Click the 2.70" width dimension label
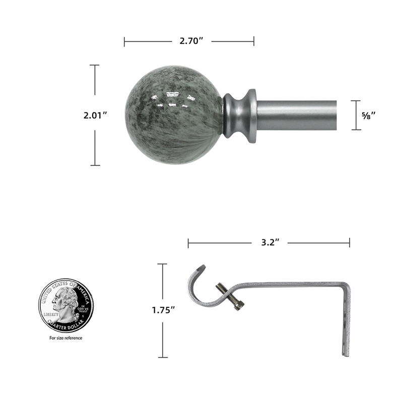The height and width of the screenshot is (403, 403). click(x=191, y=41)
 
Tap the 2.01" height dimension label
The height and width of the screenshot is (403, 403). click(x=96, y=115)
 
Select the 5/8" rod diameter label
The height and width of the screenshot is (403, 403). click(x=369, y=115)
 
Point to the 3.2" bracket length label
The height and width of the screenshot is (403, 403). click(x=271, y=243)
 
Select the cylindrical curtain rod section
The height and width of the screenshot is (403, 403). click(x=302, y=115)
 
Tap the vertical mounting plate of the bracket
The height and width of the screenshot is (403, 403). click(x=346, y=322)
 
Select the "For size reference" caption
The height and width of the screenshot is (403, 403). click(x=65, y=338)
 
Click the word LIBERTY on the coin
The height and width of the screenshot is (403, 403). click(x=51, y=314)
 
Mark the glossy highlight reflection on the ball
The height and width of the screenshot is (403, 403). click(x=171, y=99)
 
